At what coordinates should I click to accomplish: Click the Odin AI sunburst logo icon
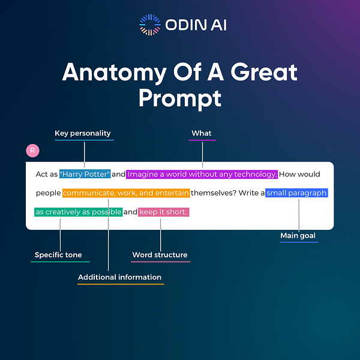(x=150, y=25)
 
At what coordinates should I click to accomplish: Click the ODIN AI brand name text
(x=194, y=25)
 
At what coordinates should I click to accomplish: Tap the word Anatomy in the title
(x=112, y=73)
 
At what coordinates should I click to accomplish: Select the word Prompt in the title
(x=179, y=97)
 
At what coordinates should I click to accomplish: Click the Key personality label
(x=83, y=133)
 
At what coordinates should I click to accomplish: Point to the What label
(x=202, y=133)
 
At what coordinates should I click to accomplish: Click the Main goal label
(x=298, y=236)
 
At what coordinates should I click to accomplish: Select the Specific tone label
(x=58, y=255)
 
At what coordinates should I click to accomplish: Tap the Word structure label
(x=160, y=255)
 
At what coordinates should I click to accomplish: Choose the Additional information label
(x=120, y=277)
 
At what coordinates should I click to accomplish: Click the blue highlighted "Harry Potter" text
(x=85, y=174)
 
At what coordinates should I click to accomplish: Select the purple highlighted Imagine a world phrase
(x=202, y=174)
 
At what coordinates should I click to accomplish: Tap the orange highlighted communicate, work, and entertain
(x=126, y=193)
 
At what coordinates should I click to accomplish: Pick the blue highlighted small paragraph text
(x=296, y=193)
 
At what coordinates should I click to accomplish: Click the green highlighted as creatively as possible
(x=79, y=212)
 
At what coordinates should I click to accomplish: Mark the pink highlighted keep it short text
(x=163, y=212)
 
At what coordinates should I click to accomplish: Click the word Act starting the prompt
(x=42, y=174)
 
